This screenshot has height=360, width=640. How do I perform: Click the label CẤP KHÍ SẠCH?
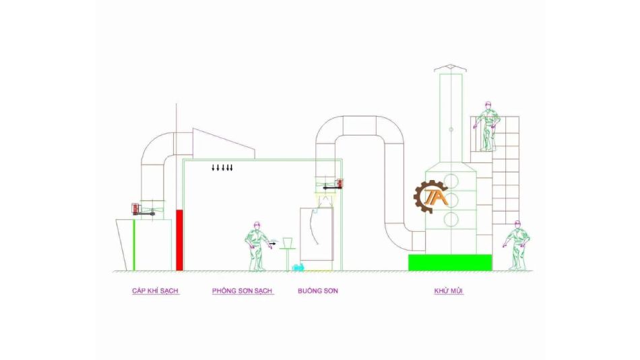156,291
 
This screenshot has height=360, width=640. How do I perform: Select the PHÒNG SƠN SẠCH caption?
243,291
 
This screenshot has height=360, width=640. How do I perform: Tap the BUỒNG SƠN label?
318,291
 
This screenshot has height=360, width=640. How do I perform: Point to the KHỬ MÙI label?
449,291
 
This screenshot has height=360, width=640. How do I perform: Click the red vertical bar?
180,240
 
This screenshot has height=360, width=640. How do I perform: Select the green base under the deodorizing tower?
450,262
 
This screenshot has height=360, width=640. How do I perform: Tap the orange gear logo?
429,197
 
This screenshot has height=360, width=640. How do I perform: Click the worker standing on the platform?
487,126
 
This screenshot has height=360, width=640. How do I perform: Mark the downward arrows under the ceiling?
222,167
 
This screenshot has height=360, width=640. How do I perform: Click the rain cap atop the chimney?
449,69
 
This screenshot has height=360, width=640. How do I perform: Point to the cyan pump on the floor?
296,268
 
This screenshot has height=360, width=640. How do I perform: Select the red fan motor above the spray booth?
340,183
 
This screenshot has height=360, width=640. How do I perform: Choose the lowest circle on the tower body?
450,219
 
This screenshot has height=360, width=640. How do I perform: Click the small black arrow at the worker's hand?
272,243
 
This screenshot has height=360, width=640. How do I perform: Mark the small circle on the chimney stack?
449,127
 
